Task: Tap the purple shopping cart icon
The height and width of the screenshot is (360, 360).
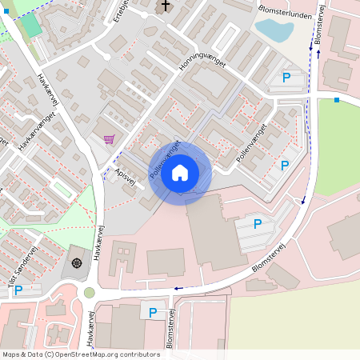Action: (109, 138)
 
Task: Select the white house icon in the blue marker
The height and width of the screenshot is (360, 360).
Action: (180, 172)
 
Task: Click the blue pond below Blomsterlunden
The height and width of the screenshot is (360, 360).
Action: (274, 30)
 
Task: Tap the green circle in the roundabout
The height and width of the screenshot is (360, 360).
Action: (90, 293)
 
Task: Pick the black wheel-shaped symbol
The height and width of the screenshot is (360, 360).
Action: (77, 262)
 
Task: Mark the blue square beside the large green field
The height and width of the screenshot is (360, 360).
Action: (337, 100)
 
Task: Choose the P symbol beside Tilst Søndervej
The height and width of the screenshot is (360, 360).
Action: (18, 290)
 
